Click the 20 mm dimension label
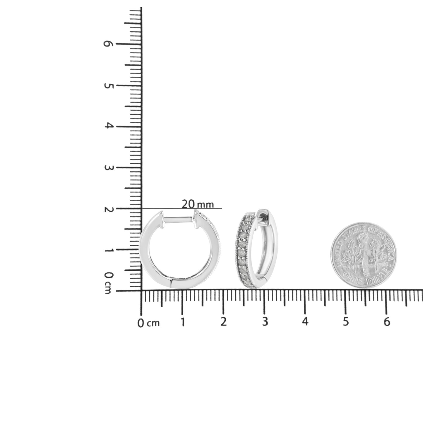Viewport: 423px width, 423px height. click(x=198, y=204)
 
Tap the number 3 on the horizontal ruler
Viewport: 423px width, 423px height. click(x=265, y=322)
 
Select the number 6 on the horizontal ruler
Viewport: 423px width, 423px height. click(x=387, y=322)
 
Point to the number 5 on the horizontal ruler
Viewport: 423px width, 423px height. click(x=346, y=322)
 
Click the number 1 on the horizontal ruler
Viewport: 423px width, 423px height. click(x=183, y=322)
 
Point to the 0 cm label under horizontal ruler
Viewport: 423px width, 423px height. click(x=148, y=323)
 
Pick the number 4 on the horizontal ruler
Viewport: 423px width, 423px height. click(x=305, y=322)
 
